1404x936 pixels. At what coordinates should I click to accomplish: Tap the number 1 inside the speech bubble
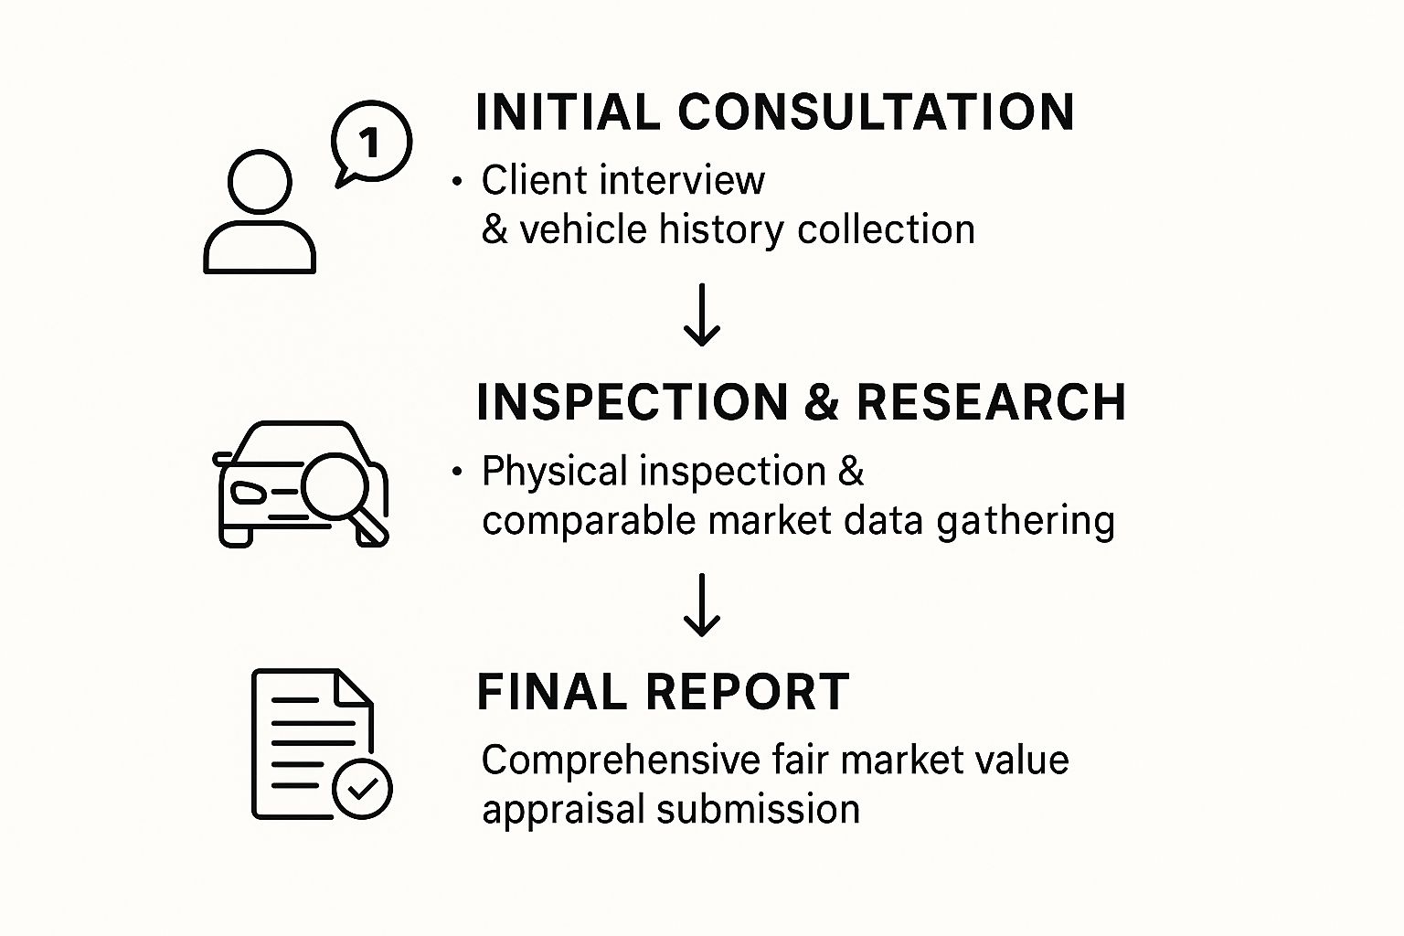click(369, 143)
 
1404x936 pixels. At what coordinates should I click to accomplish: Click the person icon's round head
click(260, 182)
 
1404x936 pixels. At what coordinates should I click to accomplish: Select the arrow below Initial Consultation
click(702, 315)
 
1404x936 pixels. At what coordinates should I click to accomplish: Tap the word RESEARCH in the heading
click(991, 402)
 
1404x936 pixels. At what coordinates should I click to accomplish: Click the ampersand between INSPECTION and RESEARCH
click(822, 402)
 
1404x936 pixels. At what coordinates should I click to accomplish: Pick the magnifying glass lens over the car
click(334, 484)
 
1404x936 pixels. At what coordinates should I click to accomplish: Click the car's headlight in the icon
click(249, 493)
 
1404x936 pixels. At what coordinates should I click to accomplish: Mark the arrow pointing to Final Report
click(702, 605)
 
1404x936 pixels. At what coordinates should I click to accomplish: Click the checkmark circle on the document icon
click(362, 788)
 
